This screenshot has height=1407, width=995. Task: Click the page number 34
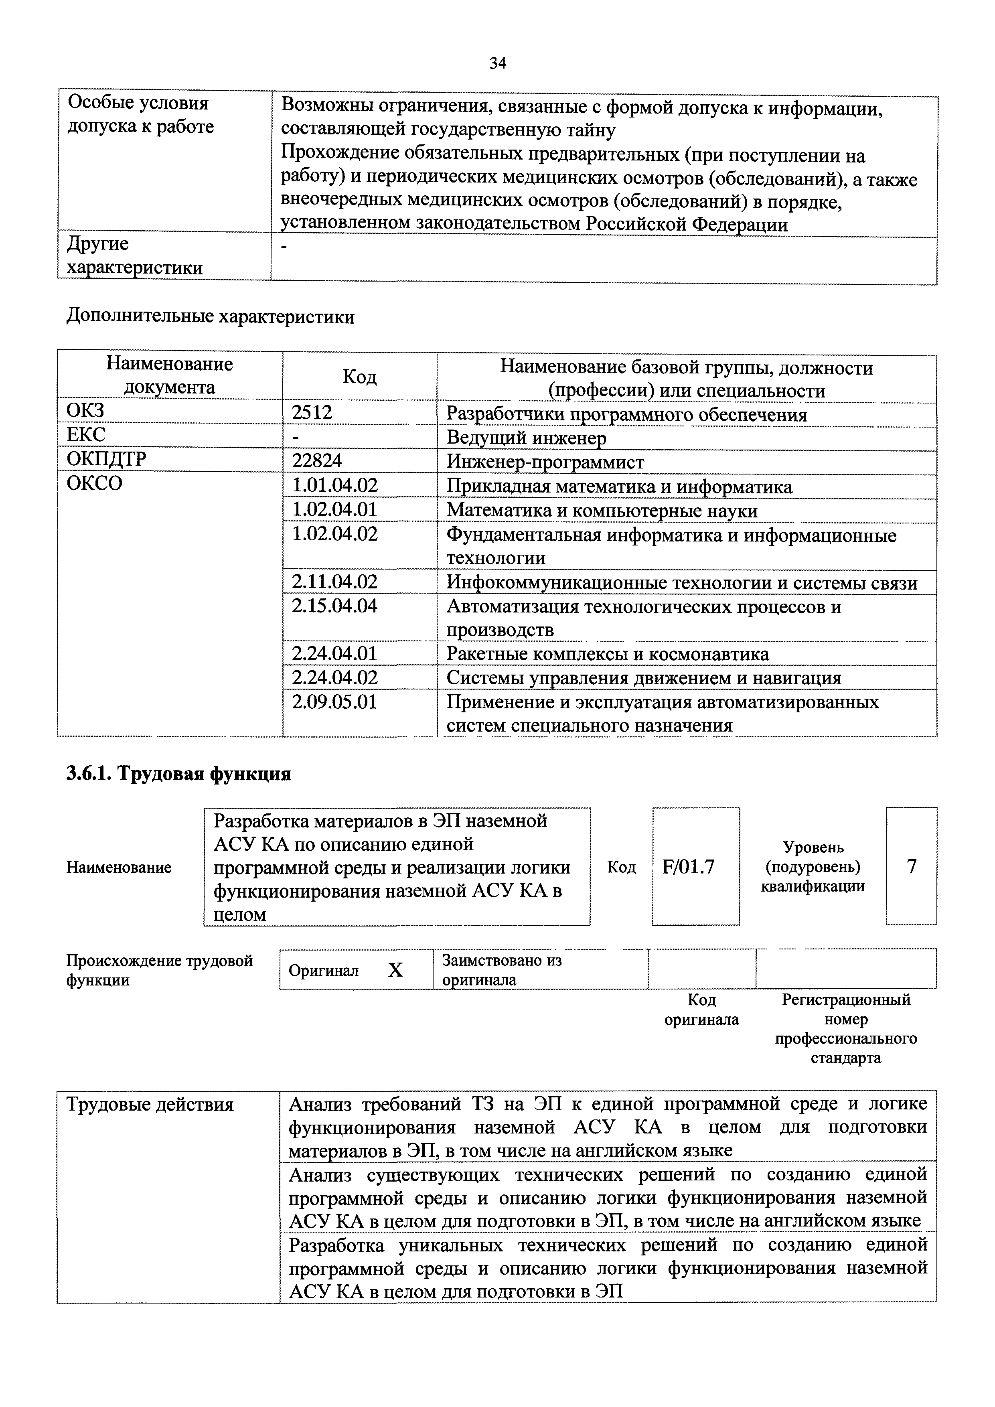(497, 63)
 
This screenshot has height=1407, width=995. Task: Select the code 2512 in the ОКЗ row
(312, 412)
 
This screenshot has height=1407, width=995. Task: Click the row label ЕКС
(86, 436)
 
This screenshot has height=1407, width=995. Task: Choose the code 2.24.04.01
(334, 653)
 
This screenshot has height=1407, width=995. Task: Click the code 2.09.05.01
(334, 701)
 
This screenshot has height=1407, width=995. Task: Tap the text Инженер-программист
(545, 461)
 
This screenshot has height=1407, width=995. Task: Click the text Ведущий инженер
(526, 438)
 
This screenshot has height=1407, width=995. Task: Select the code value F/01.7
(688, 866)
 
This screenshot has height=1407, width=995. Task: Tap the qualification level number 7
(911, 866)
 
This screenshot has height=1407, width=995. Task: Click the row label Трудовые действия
(150, 1104)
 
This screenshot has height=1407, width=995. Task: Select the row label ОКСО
(94, 483)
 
